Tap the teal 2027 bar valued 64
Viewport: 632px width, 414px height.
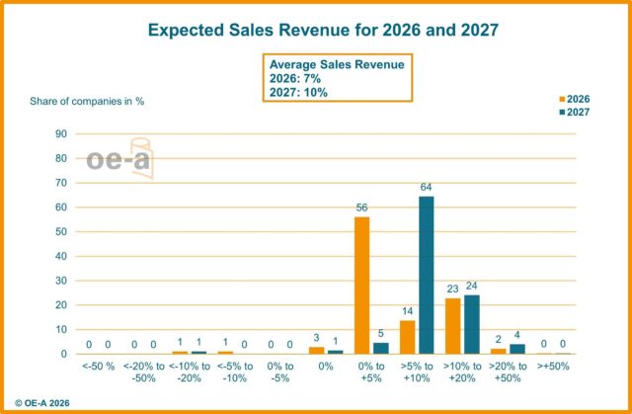pyautogui.click(x=426, y=275)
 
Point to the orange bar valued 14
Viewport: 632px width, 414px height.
pyautogui.click(x=406, y=337)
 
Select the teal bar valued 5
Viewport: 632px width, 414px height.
pyautogui.click(x=380, y=348)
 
